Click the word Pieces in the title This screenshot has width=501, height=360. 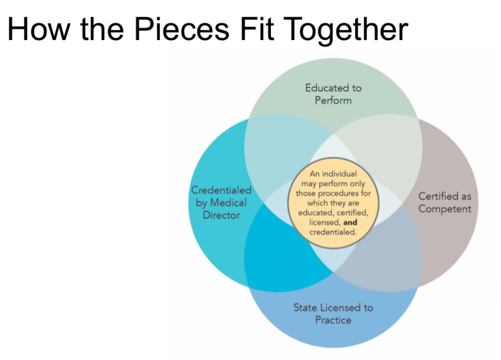(x=181, y=29)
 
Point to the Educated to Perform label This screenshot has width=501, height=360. (x=333, y=94)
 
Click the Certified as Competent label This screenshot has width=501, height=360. (x=445, y=203)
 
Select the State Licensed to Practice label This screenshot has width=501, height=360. (x=333, y=314)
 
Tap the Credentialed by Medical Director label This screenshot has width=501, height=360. (x=221, y=203)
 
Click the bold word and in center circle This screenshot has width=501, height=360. (x=350, y=223)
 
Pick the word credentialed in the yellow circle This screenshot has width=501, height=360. (x=333, y=232)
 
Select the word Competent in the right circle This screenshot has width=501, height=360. (x=445, y=209)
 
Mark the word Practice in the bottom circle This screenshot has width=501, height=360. (x=333, y=320)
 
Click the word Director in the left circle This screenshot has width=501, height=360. (x=221, y=215)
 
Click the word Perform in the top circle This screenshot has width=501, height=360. (x=333, y=100)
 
